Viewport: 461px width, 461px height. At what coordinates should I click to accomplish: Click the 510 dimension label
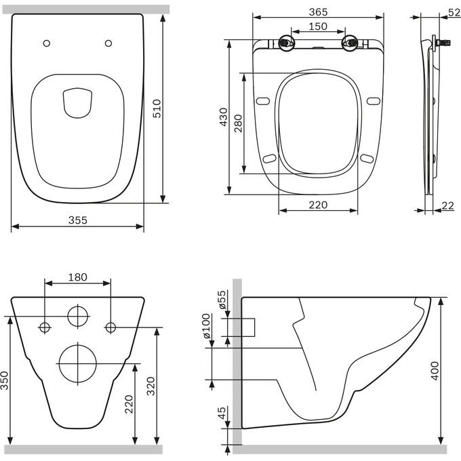(x=157, y=108)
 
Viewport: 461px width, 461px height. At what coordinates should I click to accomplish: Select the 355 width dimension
(x=78, y=220)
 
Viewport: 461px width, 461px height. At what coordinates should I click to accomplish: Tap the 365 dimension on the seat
(x=318, y=13)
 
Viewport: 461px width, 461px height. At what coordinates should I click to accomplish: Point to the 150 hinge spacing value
(x=319, y=26)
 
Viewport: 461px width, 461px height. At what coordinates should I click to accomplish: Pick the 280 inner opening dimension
(x=238, y=123)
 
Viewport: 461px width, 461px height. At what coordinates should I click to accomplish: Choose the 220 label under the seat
(x=319, y=204)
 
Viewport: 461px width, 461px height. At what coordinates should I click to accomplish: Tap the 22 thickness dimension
(x=447, y=205)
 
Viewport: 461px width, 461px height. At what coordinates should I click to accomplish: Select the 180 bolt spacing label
(x=78, y=277)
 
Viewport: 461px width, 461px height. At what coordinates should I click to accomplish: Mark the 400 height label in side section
(x=435, y=369)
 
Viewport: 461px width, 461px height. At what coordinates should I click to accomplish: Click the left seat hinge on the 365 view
(x=286, y=44)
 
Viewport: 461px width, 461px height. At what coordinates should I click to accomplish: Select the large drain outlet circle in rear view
(x=79, y=363)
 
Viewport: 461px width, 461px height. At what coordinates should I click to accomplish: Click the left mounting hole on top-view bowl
(x=46, y=43)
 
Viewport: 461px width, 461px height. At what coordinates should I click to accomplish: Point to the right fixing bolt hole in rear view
(x=110, y=327)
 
